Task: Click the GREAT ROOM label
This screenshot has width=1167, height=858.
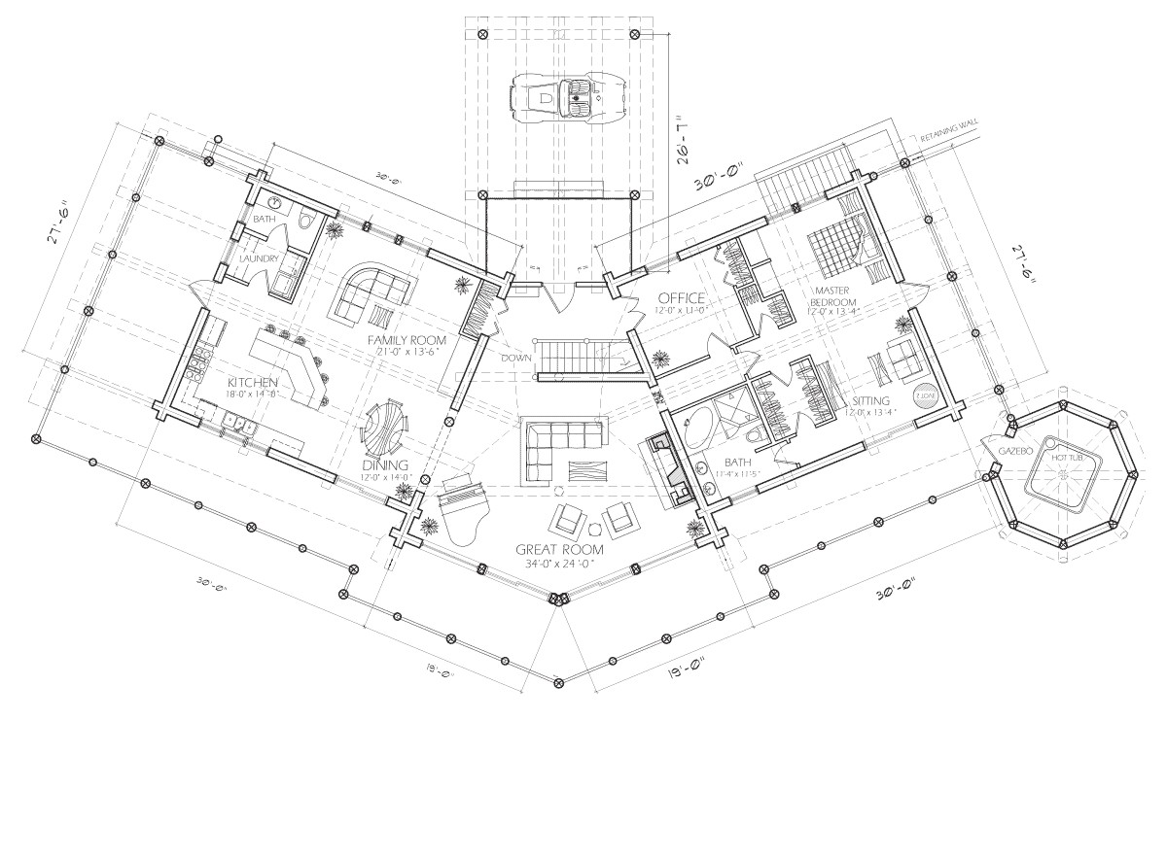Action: pos(559,550)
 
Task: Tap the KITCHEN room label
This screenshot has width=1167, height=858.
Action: pos(253,383)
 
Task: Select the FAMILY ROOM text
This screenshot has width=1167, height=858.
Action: pos(407,340)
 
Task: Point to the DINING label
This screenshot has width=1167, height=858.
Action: pos(385,464)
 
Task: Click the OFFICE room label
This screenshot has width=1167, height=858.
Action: pos(681,297)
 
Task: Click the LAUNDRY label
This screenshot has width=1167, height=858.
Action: pos(260,258)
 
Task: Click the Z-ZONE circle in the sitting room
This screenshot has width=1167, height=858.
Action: pos(923,397)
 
